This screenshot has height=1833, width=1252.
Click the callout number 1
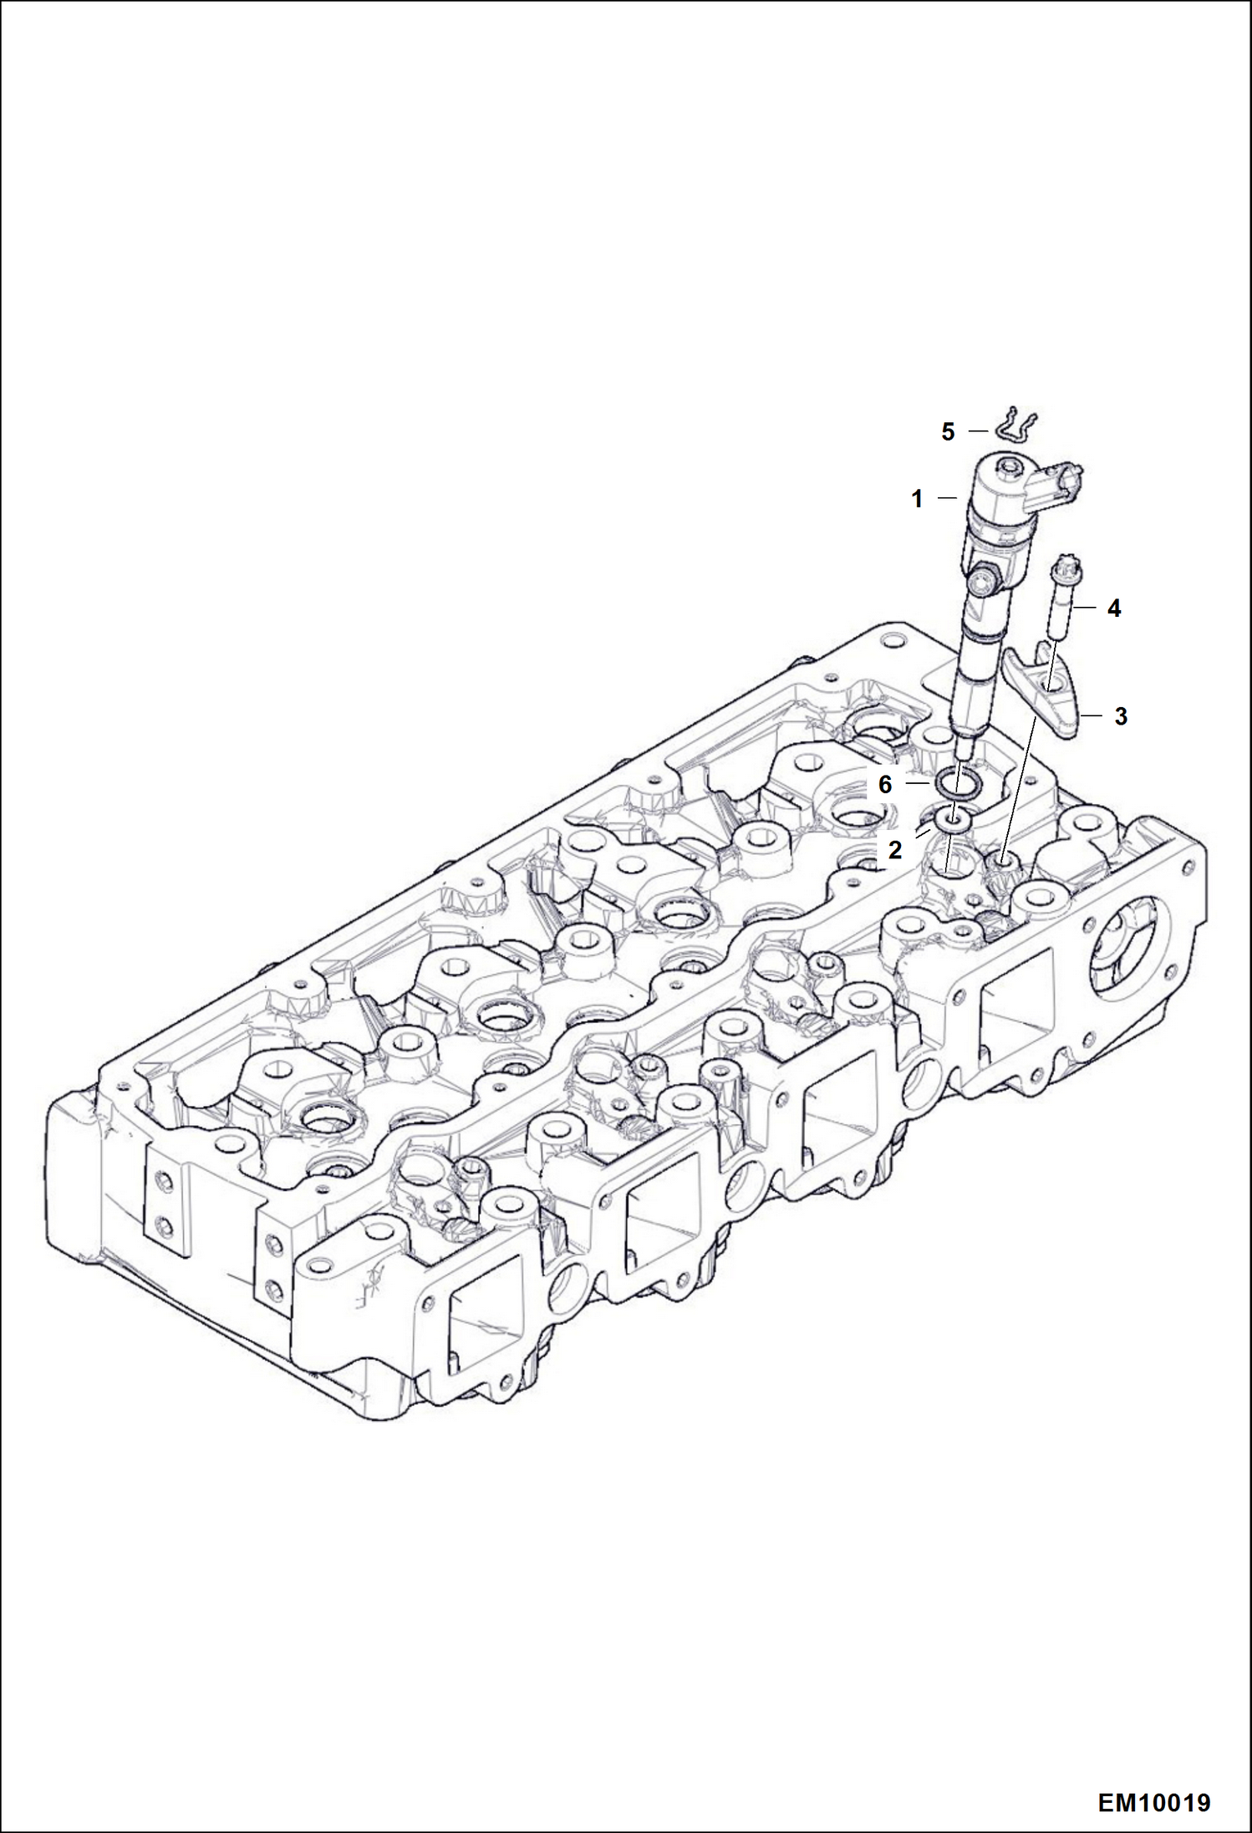pyautogui.click(x=917, y=499)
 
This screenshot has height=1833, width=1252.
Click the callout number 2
pyautogui.click(x=895, y=850)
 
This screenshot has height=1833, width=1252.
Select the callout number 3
pyautogui.click(x=1121, y=716)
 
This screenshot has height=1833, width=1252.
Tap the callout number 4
pyautogui.click(x=1114, y=608)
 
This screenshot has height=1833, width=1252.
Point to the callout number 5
pyautogui.click(x=948, y=432)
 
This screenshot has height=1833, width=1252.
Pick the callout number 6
pyautogui.click(x=885, y=784)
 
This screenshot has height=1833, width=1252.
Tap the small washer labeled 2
pyautogui.click(x=953, y=821)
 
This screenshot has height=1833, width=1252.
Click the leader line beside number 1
pyautogui.click(x=947, y=499)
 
